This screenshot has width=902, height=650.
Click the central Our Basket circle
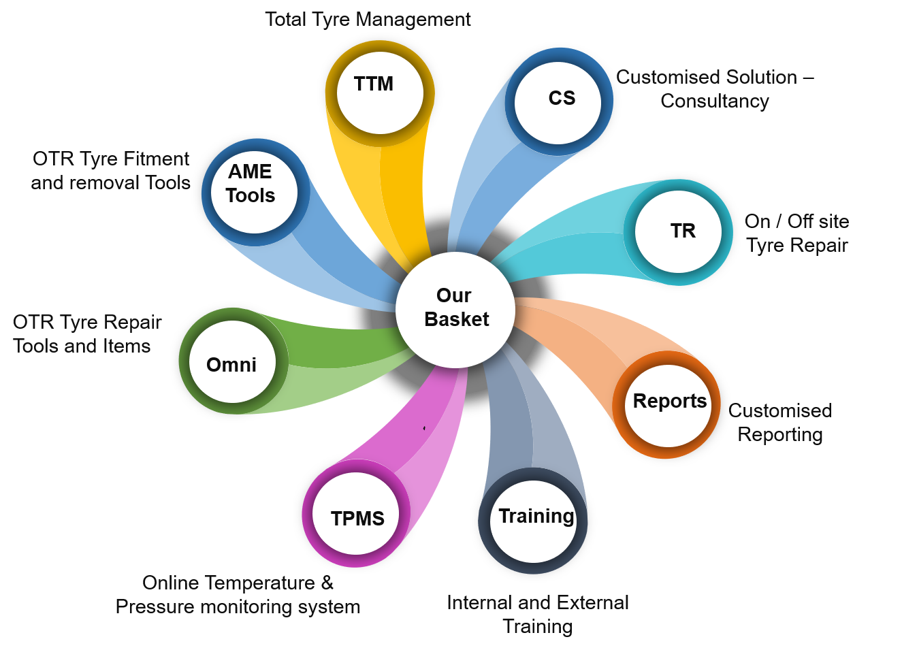pos(455,310)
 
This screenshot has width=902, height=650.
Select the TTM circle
pos(379,92)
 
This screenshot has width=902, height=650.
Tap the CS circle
pos(558,102)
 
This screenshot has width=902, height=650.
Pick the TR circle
pos(678,232)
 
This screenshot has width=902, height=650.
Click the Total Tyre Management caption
pos(368,20)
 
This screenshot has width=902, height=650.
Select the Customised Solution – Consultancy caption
pos(715,89)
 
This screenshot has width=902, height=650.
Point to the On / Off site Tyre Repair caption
pos(797,233)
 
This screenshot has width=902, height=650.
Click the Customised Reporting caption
pos(780,423)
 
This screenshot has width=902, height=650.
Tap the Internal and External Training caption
pos(538,615)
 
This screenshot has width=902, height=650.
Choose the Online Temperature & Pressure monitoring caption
pos(238,595)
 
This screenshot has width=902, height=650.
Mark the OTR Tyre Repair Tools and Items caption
pos(87,334)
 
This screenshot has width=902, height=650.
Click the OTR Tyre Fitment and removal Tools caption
pos(111,171)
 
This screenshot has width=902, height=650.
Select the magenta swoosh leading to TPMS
pos(415,429)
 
